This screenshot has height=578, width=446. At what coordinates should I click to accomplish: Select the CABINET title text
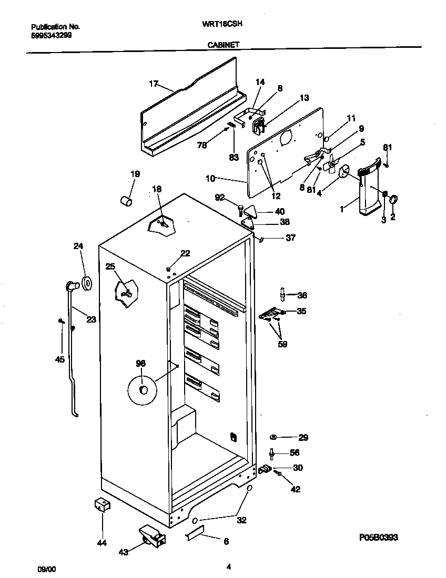tap(224, 45)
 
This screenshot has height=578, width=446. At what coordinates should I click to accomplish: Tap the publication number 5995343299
tap(52, 36)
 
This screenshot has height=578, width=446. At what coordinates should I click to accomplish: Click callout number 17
tap(154, 84)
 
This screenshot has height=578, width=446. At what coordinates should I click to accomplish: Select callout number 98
tap(140, 363)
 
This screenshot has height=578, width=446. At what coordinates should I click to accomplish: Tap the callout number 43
tap(124, 552)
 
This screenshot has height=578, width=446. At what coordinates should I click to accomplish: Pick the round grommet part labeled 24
tap(86, 284)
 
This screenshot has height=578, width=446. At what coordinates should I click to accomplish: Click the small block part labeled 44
tap(102, 505)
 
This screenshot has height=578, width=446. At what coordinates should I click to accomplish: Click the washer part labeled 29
tap(273, 437)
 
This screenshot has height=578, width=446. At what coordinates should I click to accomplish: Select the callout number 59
tap(282, 345)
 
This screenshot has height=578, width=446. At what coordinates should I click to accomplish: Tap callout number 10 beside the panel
tap(210, 179)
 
